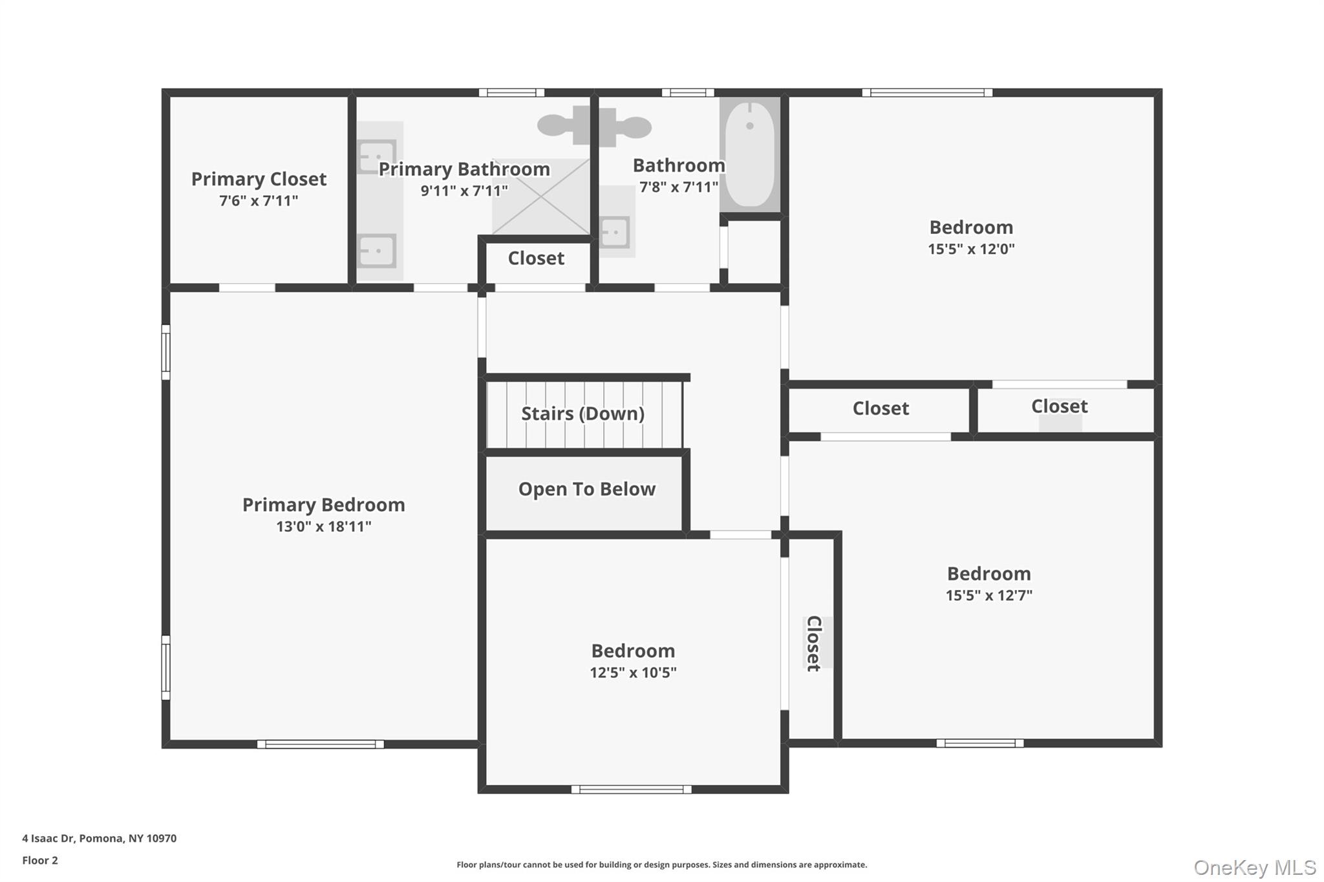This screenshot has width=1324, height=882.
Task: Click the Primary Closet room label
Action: (259, 179)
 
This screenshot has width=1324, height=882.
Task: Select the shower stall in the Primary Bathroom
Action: (540, 196)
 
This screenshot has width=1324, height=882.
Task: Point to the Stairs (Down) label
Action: (582, 414)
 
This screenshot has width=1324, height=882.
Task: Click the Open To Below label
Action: (586, 489)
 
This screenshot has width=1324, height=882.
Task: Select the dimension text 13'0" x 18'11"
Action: (323, 527)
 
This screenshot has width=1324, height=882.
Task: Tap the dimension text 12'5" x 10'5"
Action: (633, 673)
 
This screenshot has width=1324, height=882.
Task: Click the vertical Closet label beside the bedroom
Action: (814, 643)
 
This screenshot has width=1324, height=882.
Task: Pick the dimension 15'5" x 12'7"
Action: (988, 595)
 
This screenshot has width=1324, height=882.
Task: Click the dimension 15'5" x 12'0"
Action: (971, 249)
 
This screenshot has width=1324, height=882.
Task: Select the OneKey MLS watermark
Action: (1254, 867)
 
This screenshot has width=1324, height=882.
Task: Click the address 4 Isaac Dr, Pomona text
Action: (99, 838)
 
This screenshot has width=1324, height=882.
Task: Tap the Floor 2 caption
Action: (40, 860)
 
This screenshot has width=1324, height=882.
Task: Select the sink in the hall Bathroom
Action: (615, 231)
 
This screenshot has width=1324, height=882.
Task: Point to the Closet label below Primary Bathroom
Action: (536, 258)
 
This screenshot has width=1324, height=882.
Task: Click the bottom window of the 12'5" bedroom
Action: (632, 789)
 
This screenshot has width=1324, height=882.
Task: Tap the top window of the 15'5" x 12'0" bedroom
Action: (926, 93)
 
